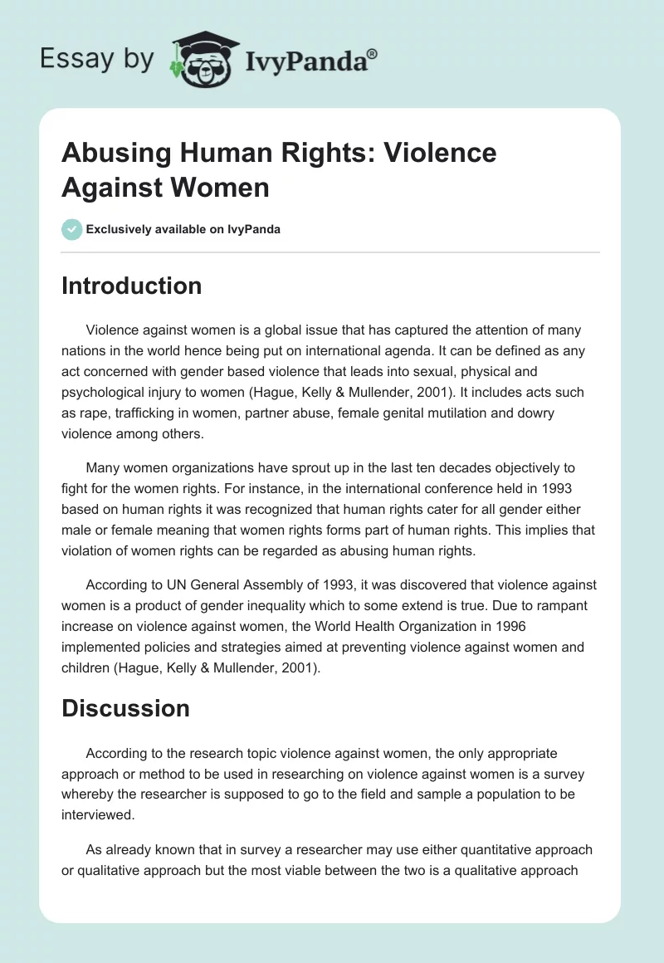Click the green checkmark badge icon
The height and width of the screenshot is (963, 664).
pyautogui.click(x=72, y=229)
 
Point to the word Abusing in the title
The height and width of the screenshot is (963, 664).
pyautogui.click(x=113, y=153)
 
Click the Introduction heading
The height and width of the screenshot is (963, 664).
pyautogui.click(x=132, y=286)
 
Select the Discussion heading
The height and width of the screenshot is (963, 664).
pyautogui.click(x=125, y=708)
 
